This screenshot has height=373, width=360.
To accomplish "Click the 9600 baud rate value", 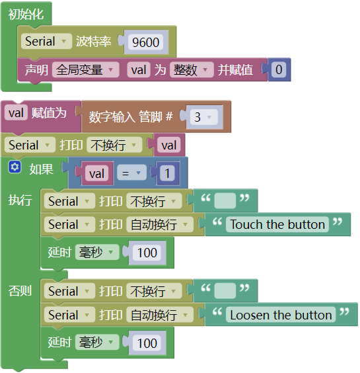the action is pyautogui.click(x=146, y=42).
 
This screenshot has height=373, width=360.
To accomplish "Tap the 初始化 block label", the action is pyautogui.click(x=26, y=15).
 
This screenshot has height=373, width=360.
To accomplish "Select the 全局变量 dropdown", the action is pyautogui.click(x=86, y=69).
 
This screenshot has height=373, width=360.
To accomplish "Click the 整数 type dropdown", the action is pyautogui.click(x=192, y=69).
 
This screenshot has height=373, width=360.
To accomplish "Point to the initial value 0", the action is pyautogui.click(x=279, y=69).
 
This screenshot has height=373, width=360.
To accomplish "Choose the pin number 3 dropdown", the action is pyautogui.click(x=204, y=117).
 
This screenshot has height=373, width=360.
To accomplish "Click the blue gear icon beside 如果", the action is pyautogui.click(x=15, y=167).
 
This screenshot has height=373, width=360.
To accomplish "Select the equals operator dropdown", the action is pyautogui.click(x=131, y=173).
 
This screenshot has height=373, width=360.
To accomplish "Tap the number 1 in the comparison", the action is pyautogui.click(x=167, y=173).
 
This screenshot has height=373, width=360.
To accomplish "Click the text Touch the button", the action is pyautogui.click(x=277, y=224).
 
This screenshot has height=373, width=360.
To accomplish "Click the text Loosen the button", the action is pyautogui.click(x=281, y=315).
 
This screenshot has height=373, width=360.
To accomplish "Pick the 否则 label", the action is pyautogui.click(x=20, y=290).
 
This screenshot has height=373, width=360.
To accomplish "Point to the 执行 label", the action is pyautogui.click(x=20, y=200).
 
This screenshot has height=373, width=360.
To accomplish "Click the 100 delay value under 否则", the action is pyautogui.click(x=147, y=343).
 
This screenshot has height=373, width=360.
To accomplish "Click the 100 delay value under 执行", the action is pyautogui.click(x=147, y=253).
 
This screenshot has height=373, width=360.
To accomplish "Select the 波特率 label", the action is pyautogui.click(x=94, y=42).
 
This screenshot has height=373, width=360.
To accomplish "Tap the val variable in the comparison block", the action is pyautogui.click(x=96, y=173).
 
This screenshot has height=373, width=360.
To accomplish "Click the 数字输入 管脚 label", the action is pyautogui.click(x=130, y=117).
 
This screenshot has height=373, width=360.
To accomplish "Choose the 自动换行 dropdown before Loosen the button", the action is pyautogui.click(x=160, y=315).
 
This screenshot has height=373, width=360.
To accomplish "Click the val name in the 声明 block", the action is pyautogui.click(x=139, y=69).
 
